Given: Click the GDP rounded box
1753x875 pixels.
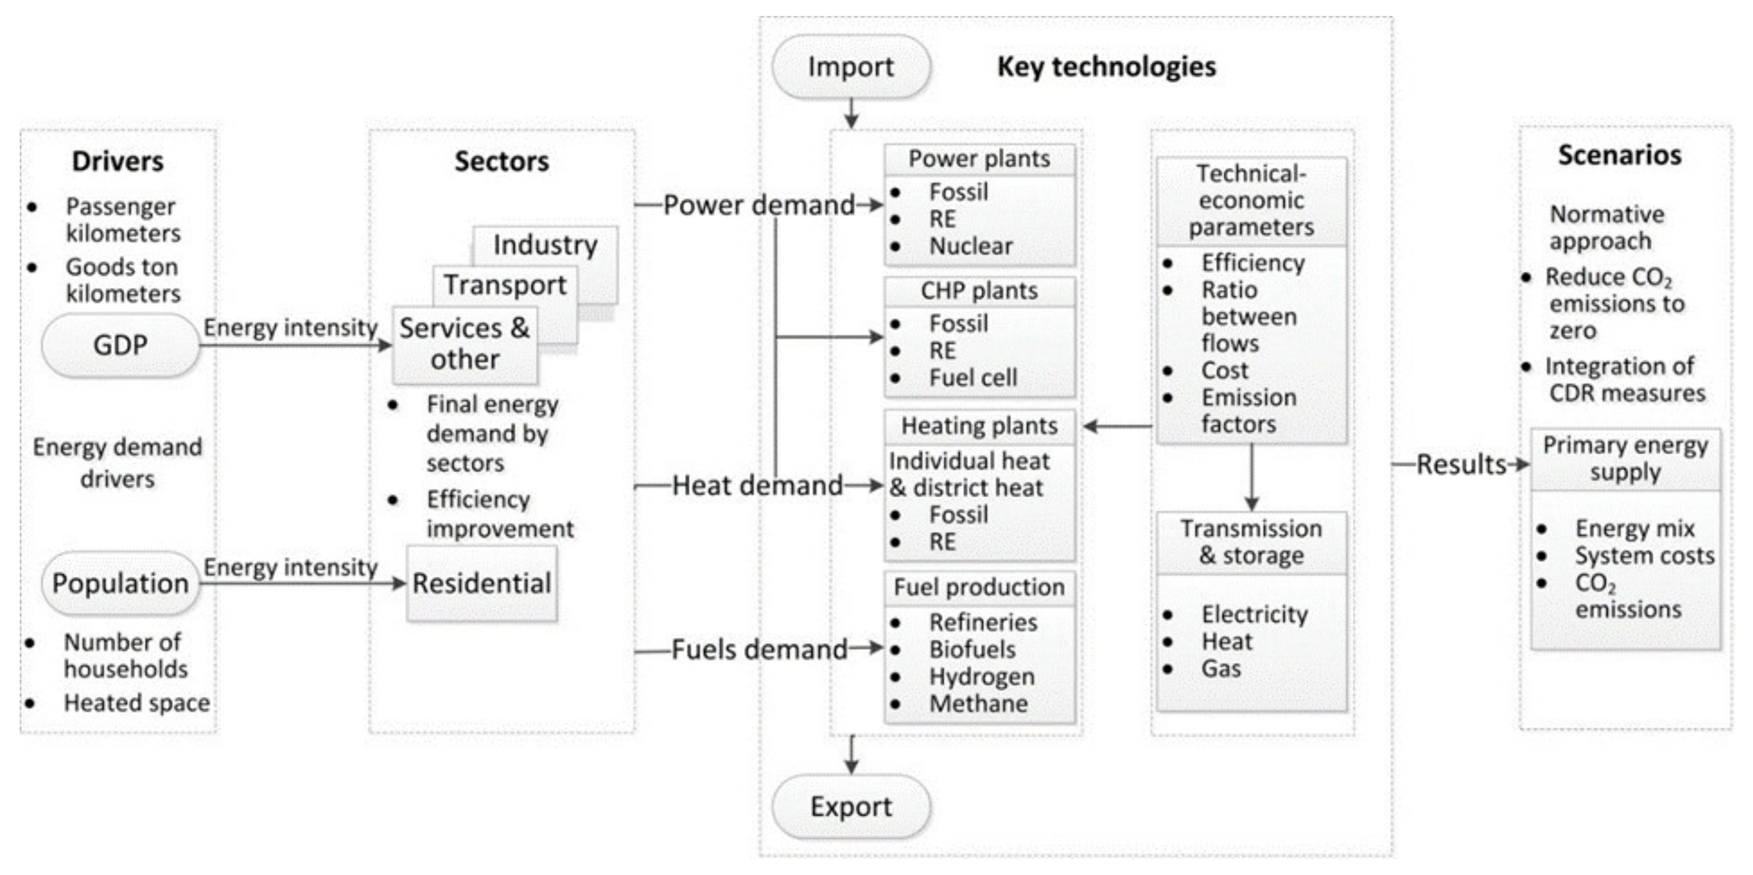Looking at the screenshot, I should coord(120,346).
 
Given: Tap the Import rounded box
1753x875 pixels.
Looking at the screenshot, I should coord(850,66).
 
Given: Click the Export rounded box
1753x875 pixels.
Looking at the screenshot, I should coord(850,807).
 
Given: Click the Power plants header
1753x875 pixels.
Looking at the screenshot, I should coord(979,159).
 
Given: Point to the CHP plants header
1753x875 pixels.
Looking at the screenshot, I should coord(979,291).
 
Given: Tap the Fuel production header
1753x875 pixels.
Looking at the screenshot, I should coord(979,587).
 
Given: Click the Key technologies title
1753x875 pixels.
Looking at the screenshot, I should coord(1106,66).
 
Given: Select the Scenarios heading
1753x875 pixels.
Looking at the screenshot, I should coord(1619,155).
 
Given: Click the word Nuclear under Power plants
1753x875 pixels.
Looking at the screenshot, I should coord(971,246).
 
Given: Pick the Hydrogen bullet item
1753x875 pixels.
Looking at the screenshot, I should coord(982,677).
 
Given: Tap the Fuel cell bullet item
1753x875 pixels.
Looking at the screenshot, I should coord(973,378).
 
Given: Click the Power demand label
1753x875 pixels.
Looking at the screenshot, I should coord(759,205).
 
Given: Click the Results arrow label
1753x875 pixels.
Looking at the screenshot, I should coord(1461,465).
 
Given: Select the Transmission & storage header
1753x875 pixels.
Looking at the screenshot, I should coord(1252,542).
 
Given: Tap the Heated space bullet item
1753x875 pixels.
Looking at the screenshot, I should coord(137,703).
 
